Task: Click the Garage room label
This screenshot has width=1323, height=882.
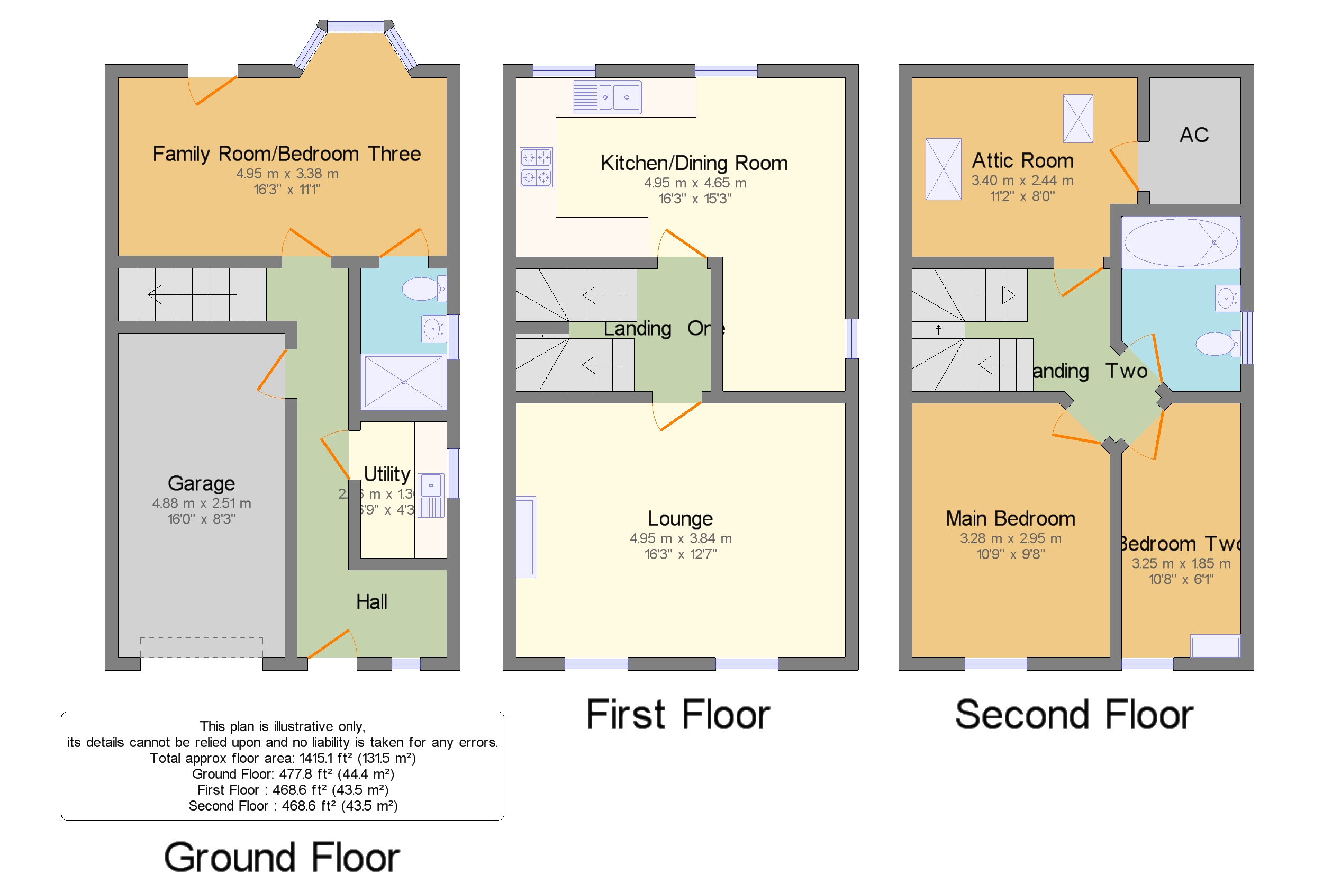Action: [x=201, y=483]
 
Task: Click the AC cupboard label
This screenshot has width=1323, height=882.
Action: [x=1193, y=135]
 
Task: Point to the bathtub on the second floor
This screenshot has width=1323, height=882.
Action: [x=1180, y=242]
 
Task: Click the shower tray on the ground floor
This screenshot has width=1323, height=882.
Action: [x=403, y=381]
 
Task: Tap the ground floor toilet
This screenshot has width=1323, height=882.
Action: [x=423, y=289]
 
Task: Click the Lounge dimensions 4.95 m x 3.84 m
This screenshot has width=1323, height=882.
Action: [x=681, y=538]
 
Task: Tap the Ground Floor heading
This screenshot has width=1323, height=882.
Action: [x=281, y=857]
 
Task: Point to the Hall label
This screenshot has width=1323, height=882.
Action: [x=371, y=602]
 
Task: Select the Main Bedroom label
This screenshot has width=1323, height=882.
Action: [x=1010, y=518]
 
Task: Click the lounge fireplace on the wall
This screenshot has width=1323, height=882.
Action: [x=525, y=537]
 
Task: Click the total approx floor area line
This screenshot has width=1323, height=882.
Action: [x=282, y=758]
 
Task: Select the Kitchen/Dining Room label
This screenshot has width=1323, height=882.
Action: [x=693, y=163]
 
